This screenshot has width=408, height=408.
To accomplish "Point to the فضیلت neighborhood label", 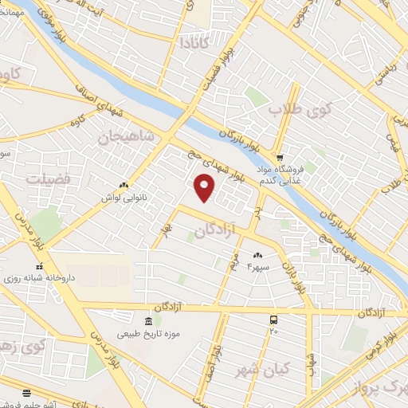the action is click(x=48, y=178).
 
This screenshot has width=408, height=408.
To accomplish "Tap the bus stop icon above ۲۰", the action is click(x=274, y=318).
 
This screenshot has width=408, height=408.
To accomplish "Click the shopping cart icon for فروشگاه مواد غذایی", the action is click(x=280, y=157).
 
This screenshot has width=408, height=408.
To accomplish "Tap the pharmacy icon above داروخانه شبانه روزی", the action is click(x=39, y=267).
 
